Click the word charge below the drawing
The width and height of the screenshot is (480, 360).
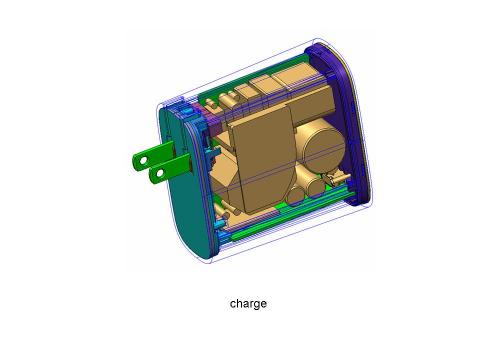pyautogui.click(x=248, y=304)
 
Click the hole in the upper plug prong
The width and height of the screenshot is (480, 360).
pyautogui.click(x=143, y=161)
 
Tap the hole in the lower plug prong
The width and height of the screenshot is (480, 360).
pyautogui.click(x=160, y=173)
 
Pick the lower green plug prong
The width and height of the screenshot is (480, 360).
pyautogui.click(x=171, y=169)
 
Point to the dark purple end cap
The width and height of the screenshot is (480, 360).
pyautogui.click(x=343, y=123)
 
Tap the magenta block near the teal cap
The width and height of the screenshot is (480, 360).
pyautogui.click(x=215, y=127)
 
